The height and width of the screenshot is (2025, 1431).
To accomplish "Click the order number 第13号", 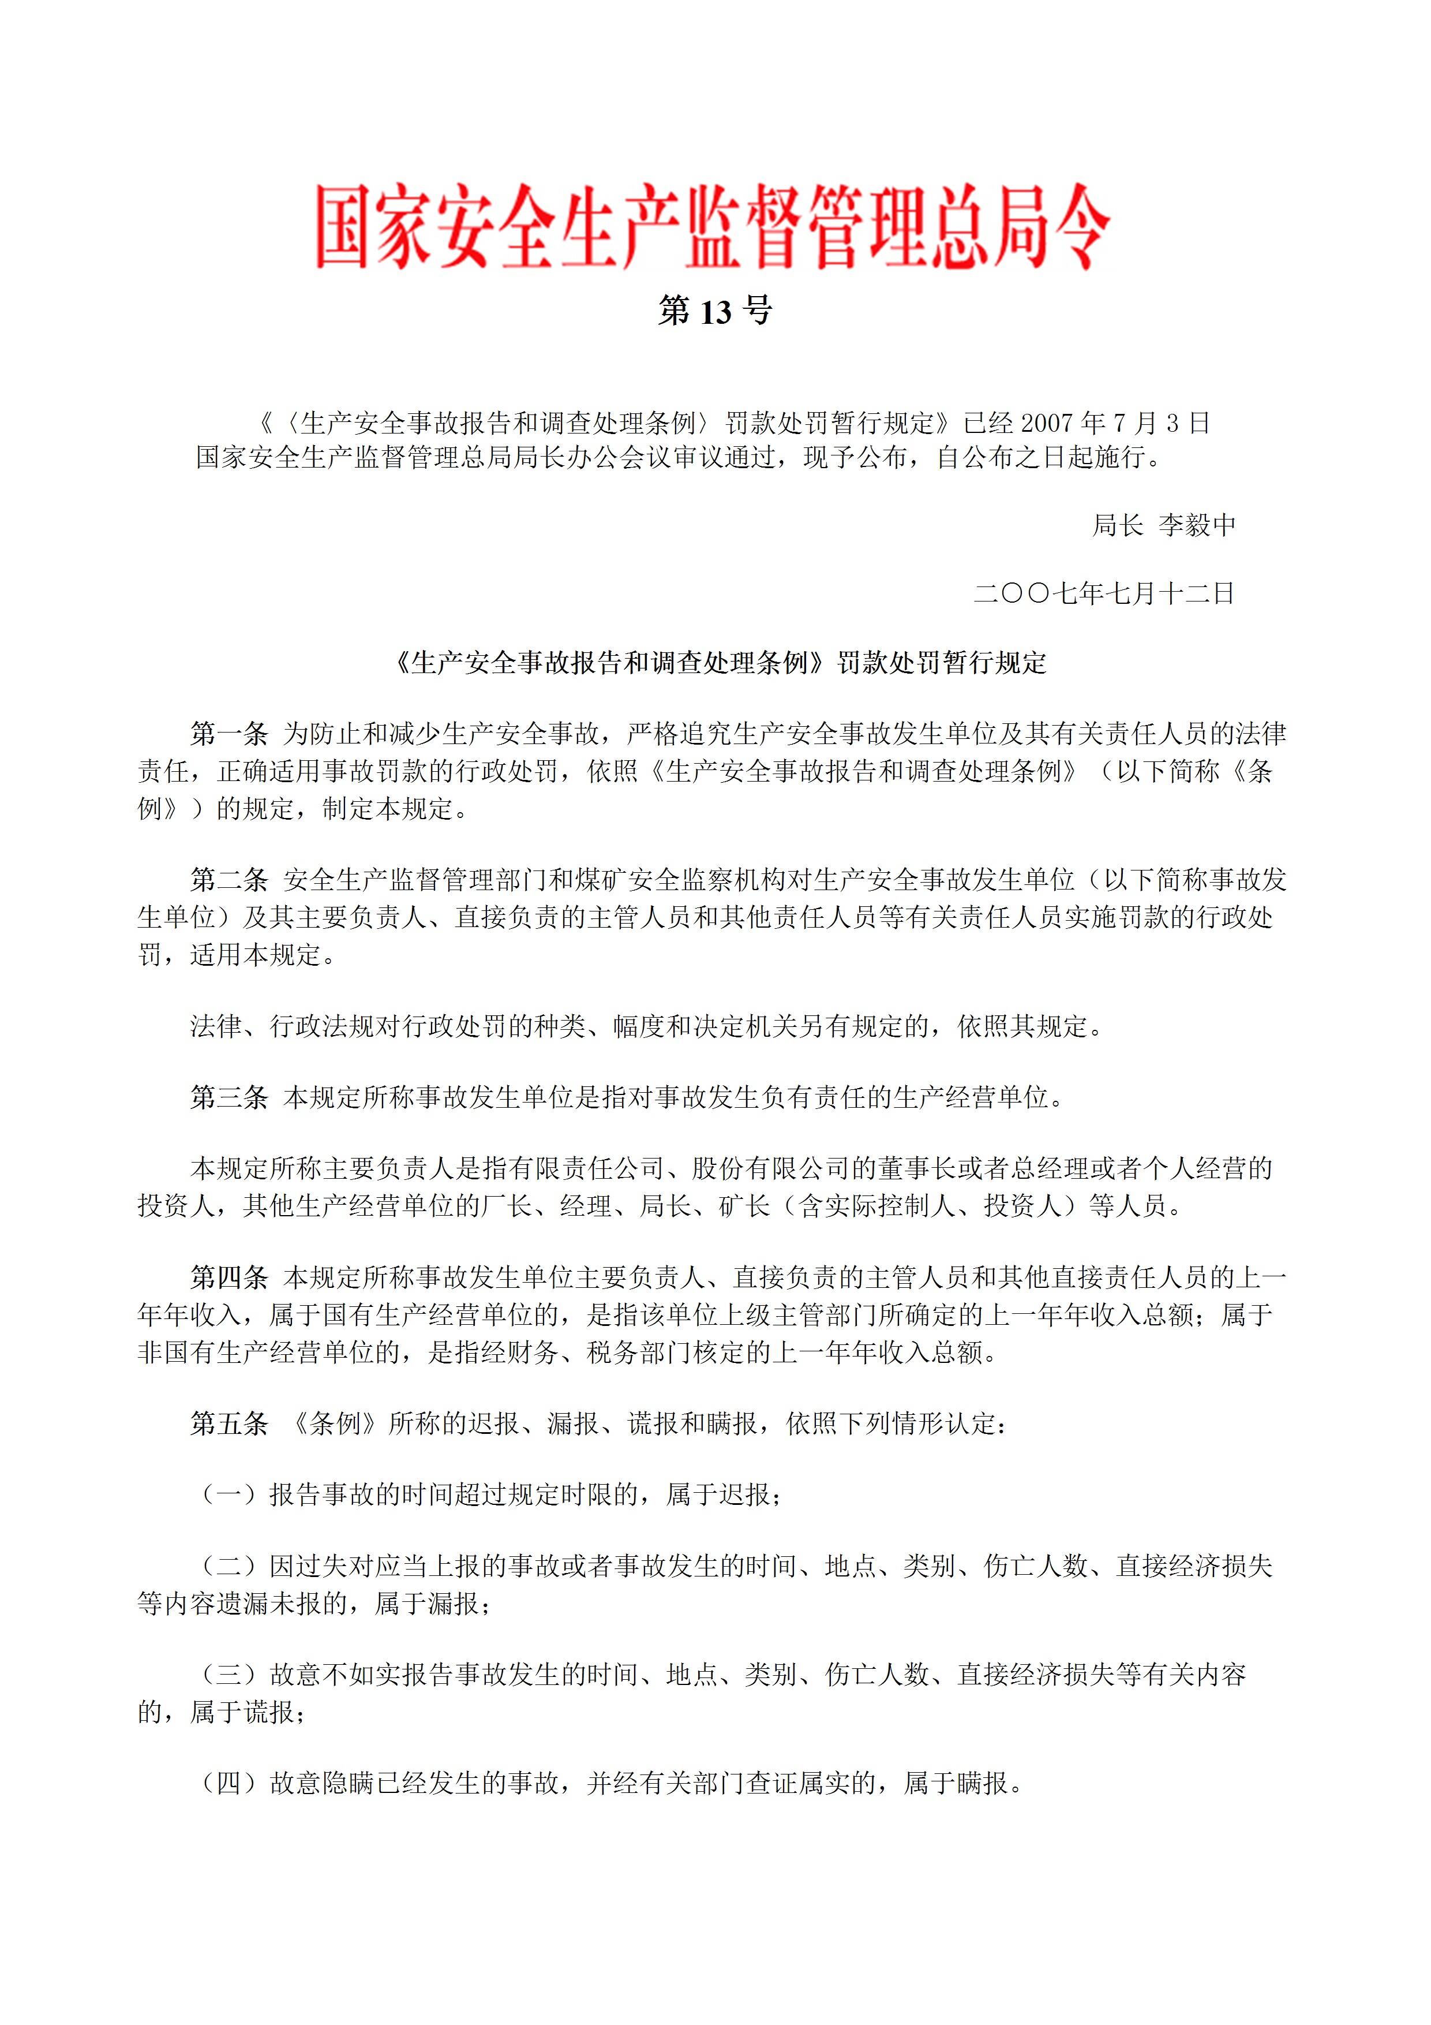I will tap(714, 311).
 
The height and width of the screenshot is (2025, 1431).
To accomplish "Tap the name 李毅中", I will tap(1197, 526).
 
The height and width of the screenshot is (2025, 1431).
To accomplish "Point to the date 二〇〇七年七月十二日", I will tap(1103, 593).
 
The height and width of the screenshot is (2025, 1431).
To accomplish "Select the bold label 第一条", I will tap(229, 734).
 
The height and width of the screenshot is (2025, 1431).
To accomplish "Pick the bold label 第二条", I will tap(229, 879).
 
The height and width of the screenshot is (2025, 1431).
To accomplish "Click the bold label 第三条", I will tap(229, 1097).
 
